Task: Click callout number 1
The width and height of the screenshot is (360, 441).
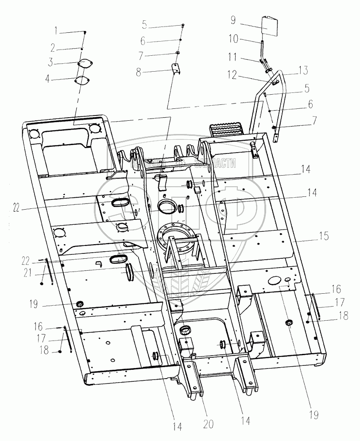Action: coord(56,31)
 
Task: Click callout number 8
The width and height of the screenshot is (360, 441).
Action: coord(139,72)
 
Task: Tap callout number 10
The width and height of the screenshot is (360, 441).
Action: coord(233,40)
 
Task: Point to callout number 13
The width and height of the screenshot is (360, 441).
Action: coord(302,70)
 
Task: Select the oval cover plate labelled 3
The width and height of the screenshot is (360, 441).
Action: coord(85,63)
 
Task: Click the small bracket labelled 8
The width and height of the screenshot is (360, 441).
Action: coord(176,71)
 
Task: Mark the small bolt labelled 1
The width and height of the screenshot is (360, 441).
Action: coord(85,32)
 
